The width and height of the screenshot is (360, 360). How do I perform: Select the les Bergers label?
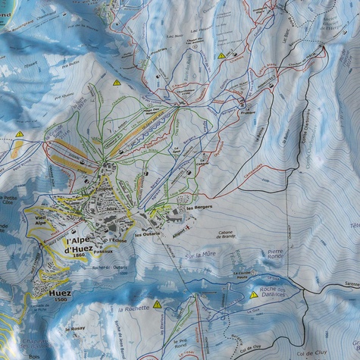click(198, 207)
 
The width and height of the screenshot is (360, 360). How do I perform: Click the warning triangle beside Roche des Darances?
click(254, 295)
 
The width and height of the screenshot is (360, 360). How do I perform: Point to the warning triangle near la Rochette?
click(157, 304)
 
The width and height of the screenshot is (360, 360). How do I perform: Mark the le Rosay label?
click(76, 329)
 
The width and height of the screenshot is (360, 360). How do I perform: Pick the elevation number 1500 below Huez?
click(61, 300)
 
